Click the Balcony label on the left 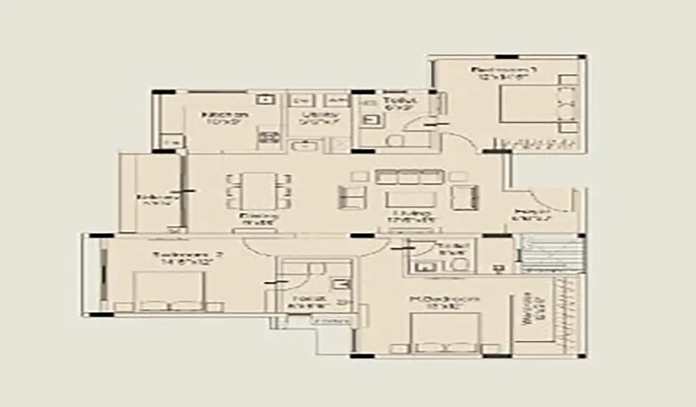147,199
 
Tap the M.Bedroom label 443,303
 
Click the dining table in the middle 259,190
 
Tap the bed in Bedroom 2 169,291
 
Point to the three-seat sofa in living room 409,175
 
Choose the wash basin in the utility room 305,146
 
